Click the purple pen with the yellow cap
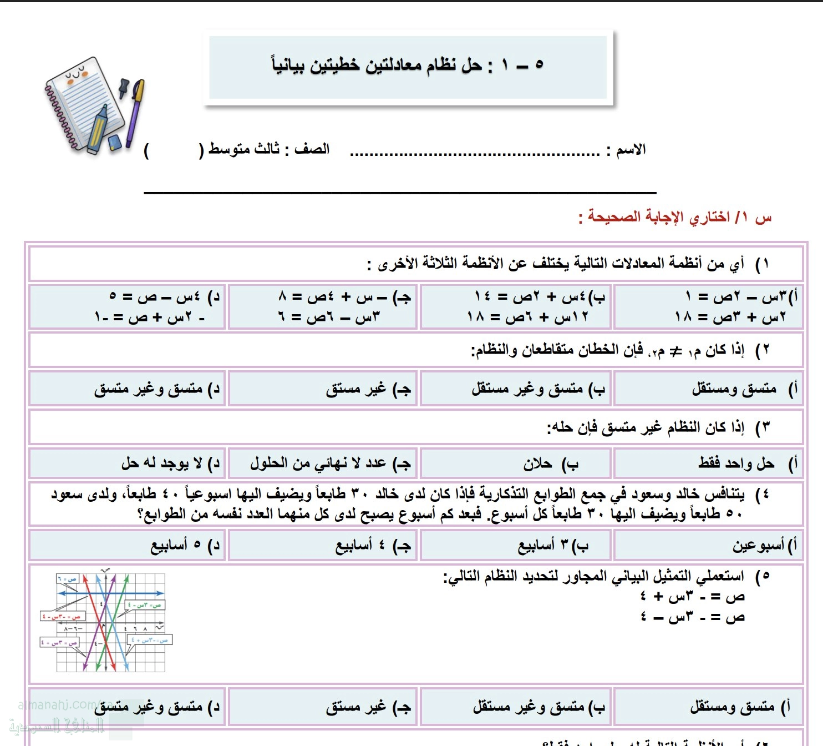135,114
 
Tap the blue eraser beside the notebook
114,143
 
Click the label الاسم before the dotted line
630,150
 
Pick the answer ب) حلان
549,463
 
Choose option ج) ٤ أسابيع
372,546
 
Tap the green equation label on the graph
145,605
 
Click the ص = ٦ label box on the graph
68,578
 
